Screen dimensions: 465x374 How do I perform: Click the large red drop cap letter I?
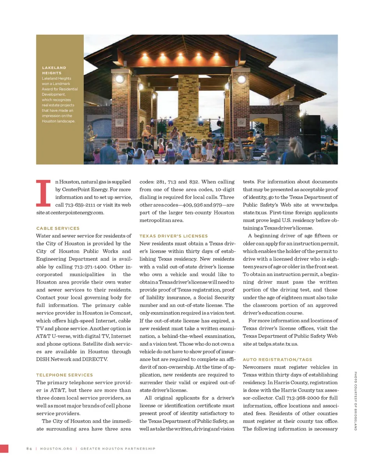click(x=43, y=193)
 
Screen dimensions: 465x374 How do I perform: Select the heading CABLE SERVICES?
click(x=58, y=228)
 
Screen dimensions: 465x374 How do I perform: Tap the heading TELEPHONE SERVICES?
click(x=64, y=375)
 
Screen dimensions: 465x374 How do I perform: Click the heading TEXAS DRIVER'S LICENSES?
click(x=174, y=236)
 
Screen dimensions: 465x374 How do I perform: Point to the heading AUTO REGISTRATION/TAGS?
click(x=277, y=359)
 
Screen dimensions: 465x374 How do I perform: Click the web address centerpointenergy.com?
click(x=79, y=212)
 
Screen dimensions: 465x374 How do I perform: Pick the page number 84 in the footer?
click(x=29, y=449)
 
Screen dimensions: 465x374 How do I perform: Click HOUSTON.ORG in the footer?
click(x=56, y=449)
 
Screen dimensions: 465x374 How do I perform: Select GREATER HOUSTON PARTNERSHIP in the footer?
click(x=118, y=449)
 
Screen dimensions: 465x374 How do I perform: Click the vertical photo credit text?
click(x=356, y=401)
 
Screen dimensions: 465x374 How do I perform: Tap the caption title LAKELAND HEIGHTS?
click(x=54, y=70)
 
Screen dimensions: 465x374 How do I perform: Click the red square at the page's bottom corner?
click(x=4, y=448)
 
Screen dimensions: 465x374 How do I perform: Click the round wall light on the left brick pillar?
click(x=120, y=78)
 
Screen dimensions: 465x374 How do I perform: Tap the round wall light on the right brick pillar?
click(x=242, y=79)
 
